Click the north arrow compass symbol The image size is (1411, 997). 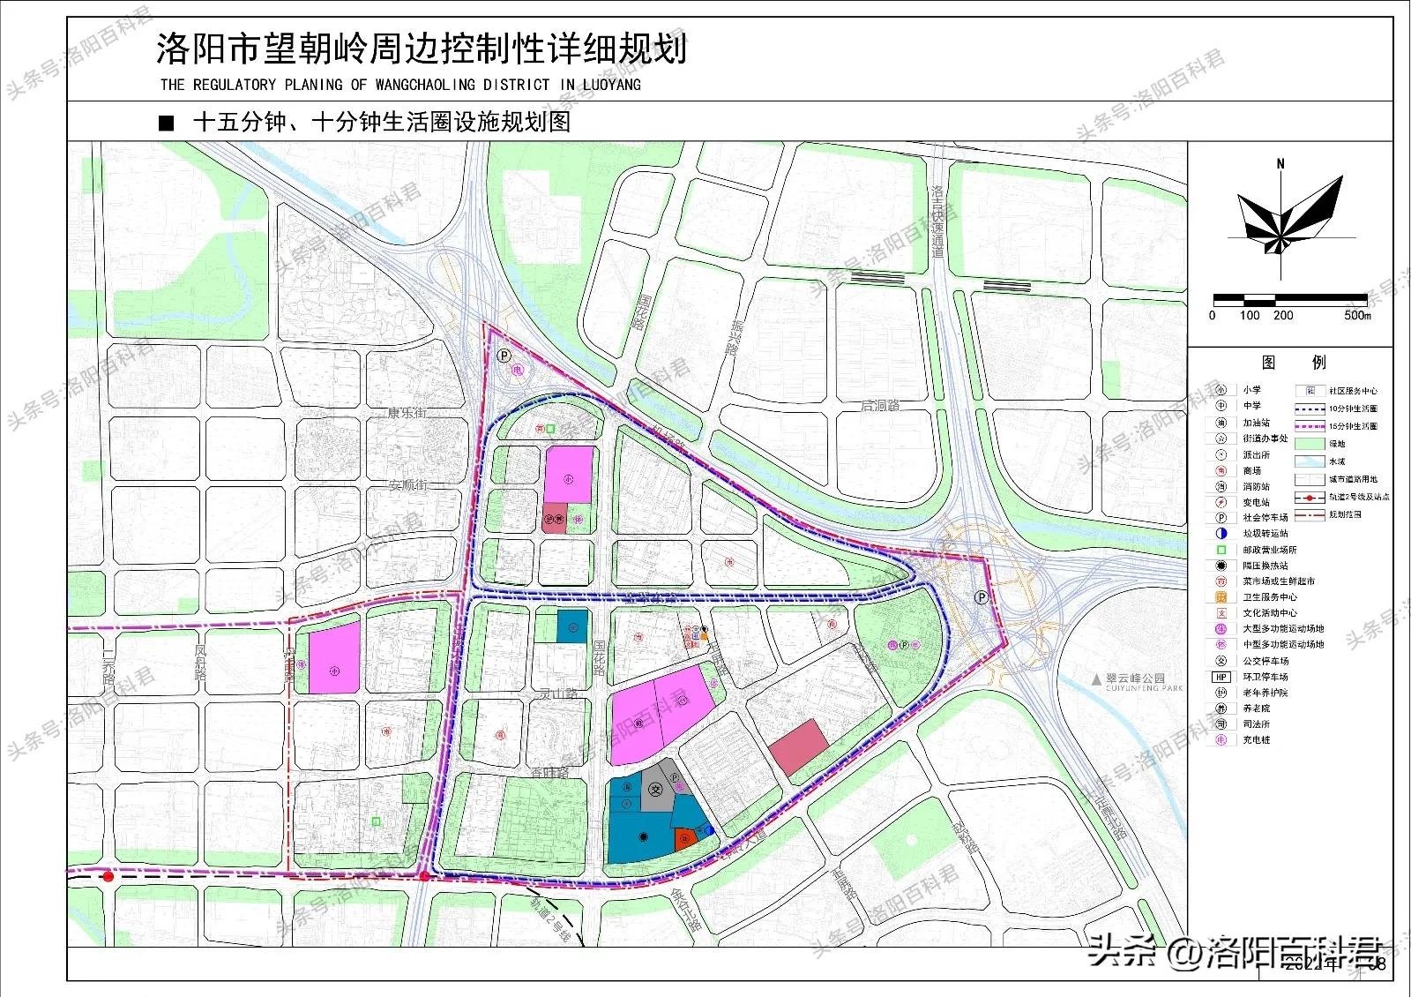tap(1280, 215)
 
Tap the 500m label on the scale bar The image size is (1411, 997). tap(1357, 316)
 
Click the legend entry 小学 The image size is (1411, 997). tap(1252, 390)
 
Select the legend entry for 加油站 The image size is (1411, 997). tap(1256, 423)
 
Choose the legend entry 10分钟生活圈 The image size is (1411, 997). tap(1353, 409)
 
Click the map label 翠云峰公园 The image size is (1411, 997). tap(1136, 678)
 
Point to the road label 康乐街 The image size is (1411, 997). tap(407, 413)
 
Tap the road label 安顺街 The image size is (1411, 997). tap(407, 484)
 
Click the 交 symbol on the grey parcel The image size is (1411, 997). tap(654, 789)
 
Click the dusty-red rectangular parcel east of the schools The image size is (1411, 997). tap(799, 746)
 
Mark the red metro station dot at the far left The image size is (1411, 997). tap(108, 876)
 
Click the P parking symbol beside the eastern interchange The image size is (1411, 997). tap(980, 597)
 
